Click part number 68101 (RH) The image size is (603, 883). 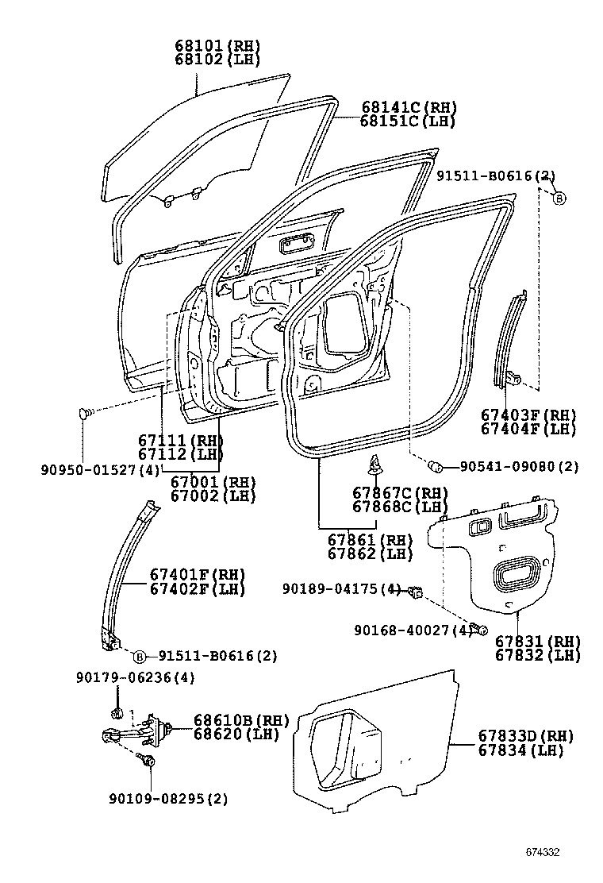coord(217,45)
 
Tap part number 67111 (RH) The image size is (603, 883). coord(181,440)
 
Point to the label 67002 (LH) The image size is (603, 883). coord(213,496)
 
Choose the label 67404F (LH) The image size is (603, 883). coord(528,429)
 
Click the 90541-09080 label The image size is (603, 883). coord(519,466)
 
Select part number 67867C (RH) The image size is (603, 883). coord(400,493)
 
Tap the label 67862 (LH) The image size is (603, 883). coord(370,553)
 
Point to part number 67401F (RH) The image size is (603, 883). coord(198,575)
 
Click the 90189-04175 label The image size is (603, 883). coord(342,589)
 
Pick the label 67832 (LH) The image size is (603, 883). coord(538,655)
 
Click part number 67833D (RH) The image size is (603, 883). coord(526,735)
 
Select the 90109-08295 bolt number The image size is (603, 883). coord(168,799)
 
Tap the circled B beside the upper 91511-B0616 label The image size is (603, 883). coord(559,199)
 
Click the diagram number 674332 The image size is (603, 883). coord(542,853)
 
